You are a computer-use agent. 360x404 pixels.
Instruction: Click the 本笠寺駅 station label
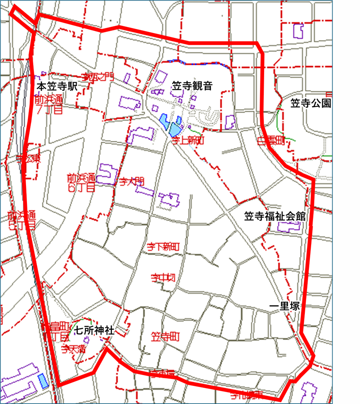point(58,86)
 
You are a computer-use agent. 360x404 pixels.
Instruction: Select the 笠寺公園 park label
point(310,104)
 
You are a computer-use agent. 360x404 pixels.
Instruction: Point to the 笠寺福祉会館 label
point(274,216)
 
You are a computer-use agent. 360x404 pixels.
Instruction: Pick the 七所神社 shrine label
point(94,330)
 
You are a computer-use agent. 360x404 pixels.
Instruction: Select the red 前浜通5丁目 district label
point(21,220)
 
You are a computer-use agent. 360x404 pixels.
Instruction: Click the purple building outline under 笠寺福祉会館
point(288,226)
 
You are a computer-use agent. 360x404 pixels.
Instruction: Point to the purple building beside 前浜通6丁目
point(107,173)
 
